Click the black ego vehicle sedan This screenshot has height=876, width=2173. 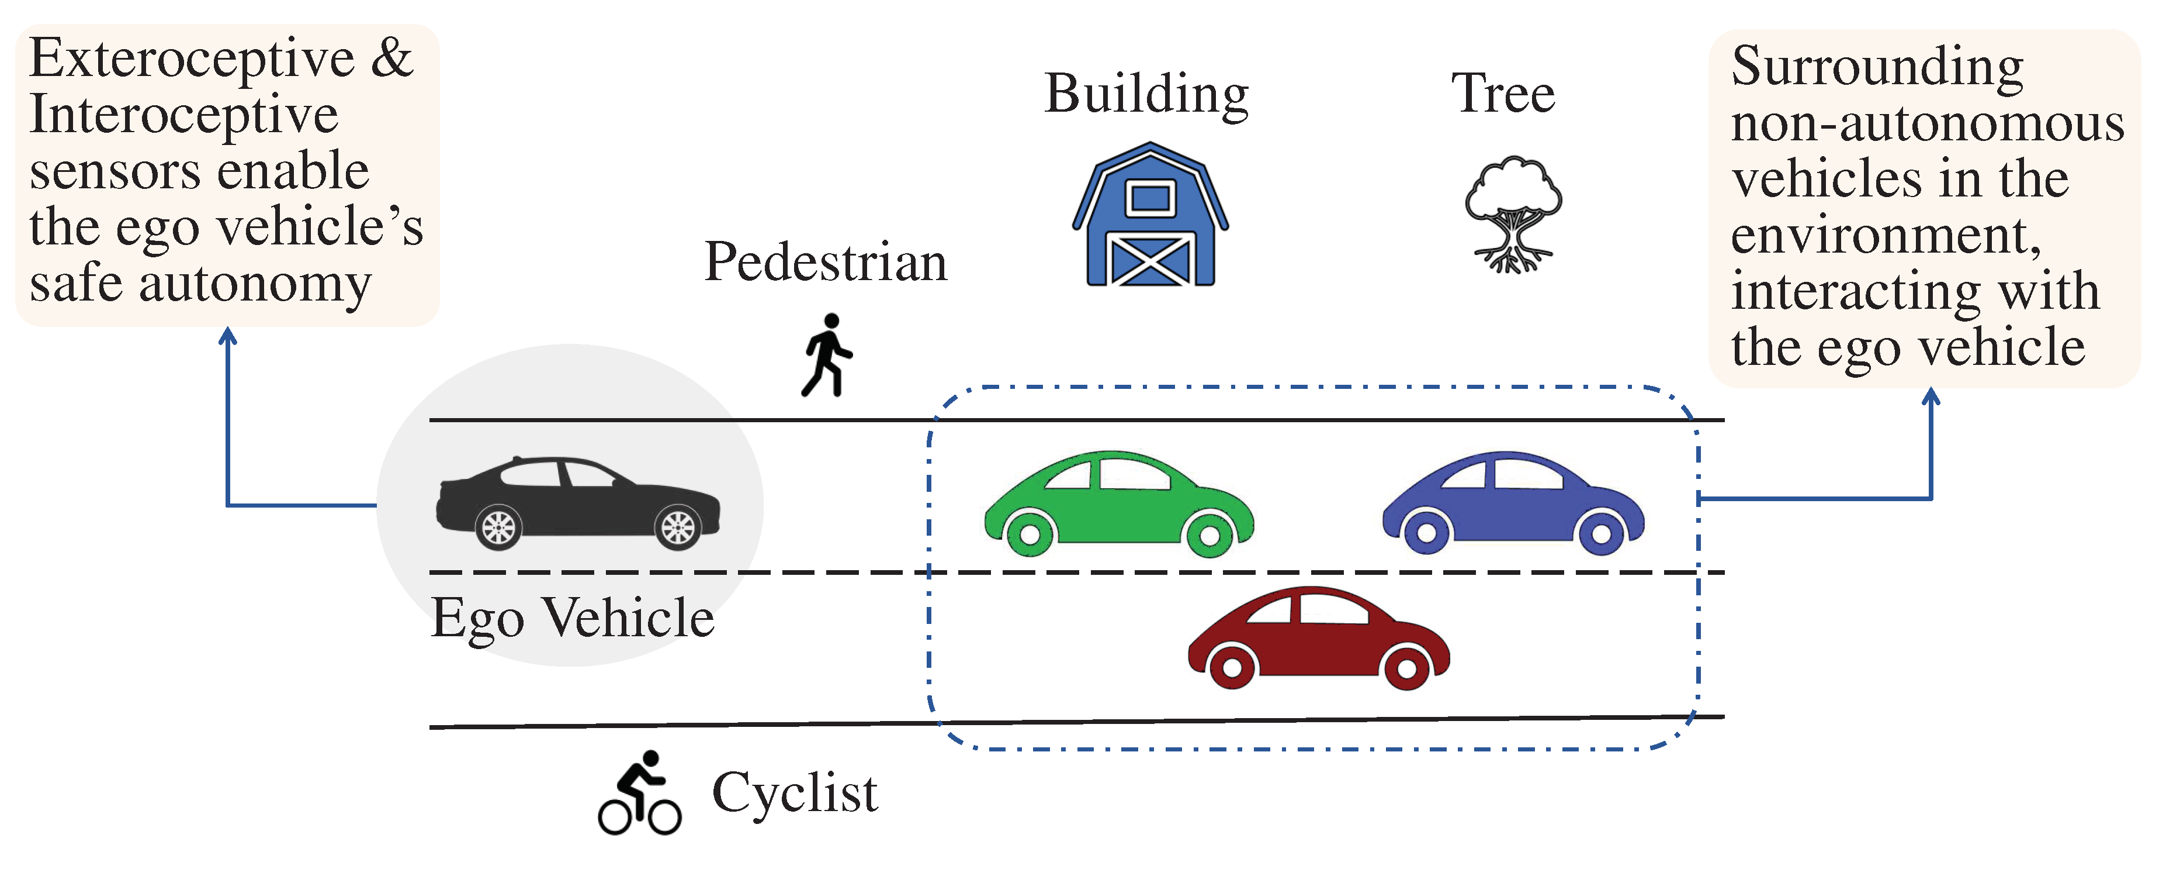pos(578,502)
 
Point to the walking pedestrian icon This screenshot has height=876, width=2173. pos(827,354)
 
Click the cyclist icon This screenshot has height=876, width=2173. pos(639,794)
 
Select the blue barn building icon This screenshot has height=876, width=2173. pos(1150,215)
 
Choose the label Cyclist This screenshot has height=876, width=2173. pos(795,794)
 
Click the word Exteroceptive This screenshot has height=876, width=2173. pos(192,59)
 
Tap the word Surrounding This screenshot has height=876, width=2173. pos(1877,66)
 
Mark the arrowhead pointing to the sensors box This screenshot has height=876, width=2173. pos(228,336)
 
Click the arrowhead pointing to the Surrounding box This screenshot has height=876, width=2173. pos(1931,396)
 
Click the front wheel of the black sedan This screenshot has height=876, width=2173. pos(677,528)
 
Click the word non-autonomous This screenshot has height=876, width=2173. pos(1928,123)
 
